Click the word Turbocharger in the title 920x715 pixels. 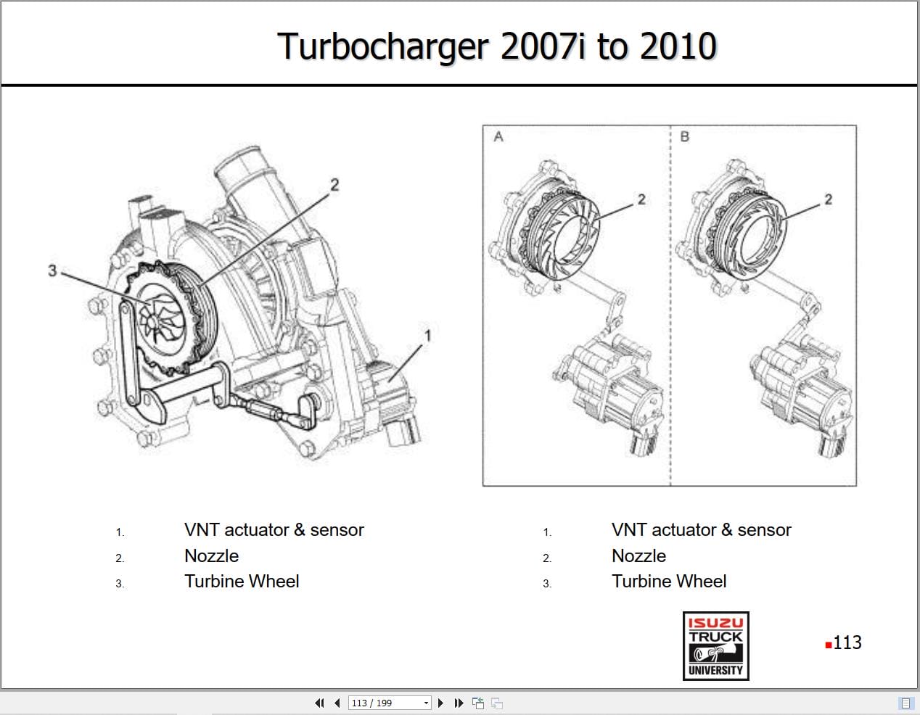click(x=383, y=47)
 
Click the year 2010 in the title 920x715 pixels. click(x=678, y=47)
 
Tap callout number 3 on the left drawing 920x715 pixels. click(x=52, y=270)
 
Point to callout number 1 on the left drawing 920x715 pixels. click(x=427, y=335)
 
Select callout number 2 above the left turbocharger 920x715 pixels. click(x=334, y=185)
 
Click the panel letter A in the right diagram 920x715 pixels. click(x=498, y=136)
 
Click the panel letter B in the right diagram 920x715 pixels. click(x=684, y=136)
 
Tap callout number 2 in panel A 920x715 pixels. click(x=641, y=199)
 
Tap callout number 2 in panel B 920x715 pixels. click(x=828, y=199)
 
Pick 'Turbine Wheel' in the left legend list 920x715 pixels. click(x=242, y=582)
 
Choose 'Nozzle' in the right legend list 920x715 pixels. click(x=638, y=556)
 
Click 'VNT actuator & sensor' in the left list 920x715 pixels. click(x=274, y=530)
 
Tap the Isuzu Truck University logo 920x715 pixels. click(x=715, y=645)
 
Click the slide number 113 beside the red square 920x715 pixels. click(x=847, y=642)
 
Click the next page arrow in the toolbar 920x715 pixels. click(x=440, y=703)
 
